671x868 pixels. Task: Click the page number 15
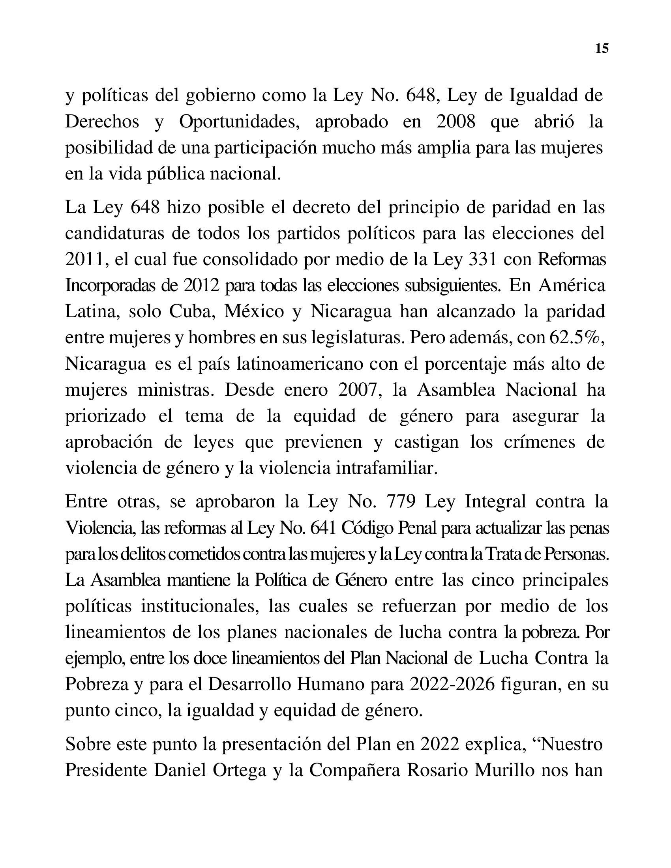click(602, 49)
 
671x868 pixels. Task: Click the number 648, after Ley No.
click(421, 95)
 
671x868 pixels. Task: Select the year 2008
click(455, 122)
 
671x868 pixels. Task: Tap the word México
click(254, 312)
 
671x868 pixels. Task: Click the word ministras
click(176, 390)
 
